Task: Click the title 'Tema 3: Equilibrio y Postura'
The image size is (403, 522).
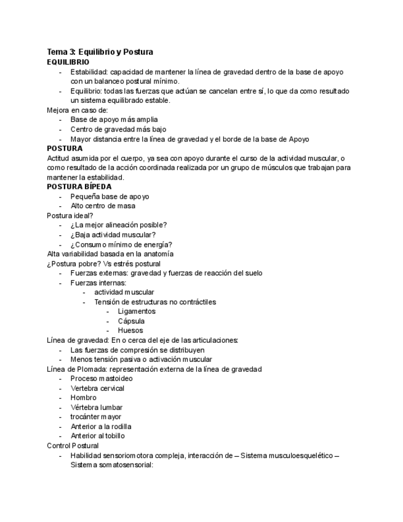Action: click(x=100, y=52)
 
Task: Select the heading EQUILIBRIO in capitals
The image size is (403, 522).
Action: click(x=68, y=62)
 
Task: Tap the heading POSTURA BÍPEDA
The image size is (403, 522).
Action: click(x=79, y=187)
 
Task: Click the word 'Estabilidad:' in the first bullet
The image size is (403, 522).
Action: click(x=90, y=71)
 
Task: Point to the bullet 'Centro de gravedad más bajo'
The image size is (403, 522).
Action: click(x=118, y=129)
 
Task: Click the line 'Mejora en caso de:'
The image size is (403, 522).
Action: click(x=77, y=110)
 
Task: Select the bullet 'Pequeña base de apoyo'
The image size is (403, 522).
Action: click(x=110, y=196)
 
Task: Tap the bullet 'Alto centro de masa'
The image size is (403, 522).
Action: click(x=103, y=206)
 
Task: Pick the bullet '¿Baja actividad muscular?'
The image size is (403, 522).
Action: click(x=113, y=235)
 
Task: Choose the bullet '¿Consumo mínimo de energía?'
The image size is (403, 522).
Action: click(x=121, y=244)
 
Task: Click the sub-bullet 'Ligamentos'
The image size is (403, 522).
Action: click(x=136, y=311)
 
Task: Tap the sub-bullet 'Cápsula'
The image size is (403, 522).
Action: click(x=131, y=321)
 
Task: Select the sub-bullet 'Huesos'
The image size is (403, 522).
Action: click(x=130, y=331)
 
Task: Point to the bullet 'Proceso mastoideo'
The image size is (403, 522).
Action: click(x=101, y=379)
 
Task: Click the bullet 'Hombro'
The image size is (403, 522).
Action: click(x=83, y=398)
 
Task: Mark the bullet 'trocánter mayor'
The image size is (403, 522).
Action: click(x=95, y=417)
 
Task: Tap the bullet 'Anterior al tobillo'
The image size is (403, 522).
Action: click(x=97, y=436)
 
